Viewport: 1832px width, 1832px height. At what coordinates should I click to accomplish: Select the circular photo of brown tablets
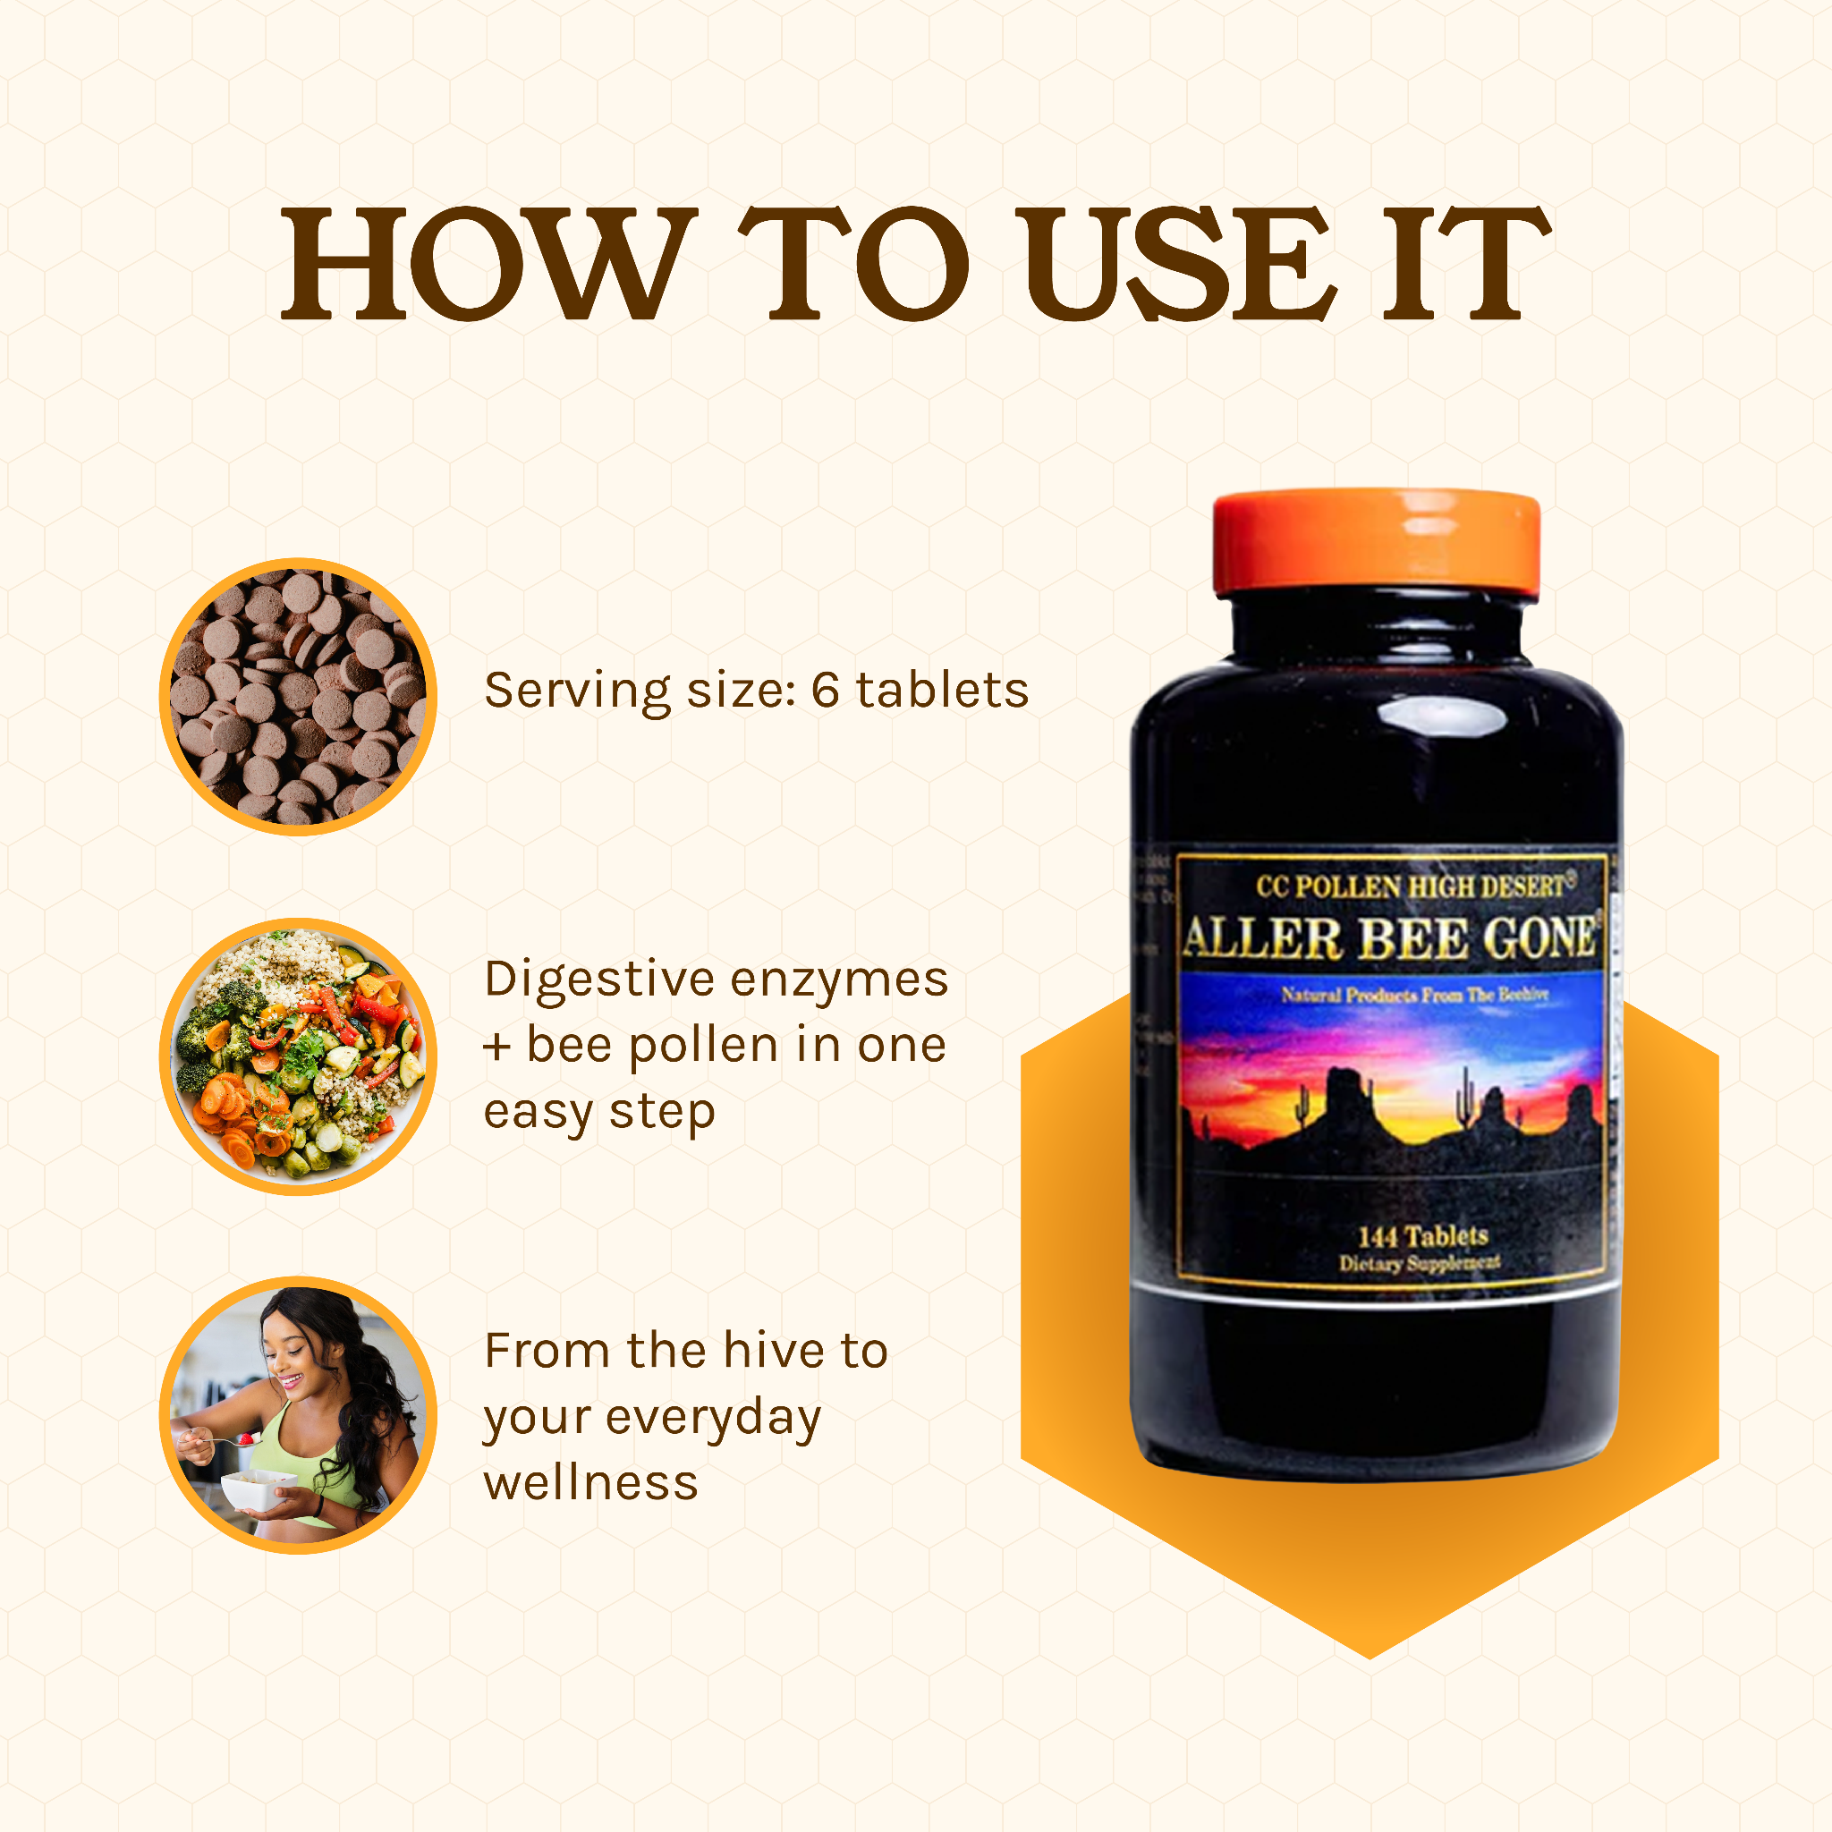(298, 696)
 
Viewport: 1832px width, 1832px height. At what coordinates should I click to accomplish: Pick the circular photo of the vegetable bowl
(298, 1056)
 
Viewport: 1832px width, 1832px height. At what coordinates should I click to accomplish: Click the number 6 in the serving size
(825, 691)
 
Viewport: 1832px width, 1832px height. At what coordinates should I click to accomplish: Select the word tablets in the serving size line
(943, 691)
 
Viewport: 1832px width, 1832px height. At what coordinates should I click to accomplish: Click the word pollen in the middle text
(704, 1047)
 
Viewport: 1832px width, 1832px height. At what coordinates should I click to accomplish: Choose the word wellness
(590, 1483)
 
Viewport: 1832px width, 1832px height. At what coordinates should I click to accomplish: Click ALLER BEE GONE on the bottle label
(1390, 938)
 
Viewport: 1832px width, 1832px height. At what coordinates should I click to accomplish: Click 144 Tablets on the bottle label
(1422, 1236)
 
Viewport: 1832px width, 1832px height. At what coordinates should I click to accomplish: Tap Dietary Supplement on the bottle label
(1419, 1263)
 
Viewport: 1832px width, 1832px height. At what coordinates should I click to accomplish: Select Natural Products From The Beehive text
(1415, 995)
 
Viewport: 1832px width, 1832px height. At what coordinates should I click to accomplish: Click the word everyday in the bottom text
(713, 1419)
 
